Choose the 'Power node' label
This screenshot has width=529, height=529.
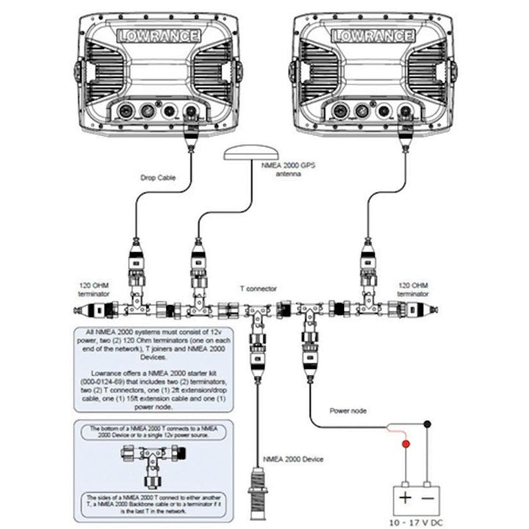348,411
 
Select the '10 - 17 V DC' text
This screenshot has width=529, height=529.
417,520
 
